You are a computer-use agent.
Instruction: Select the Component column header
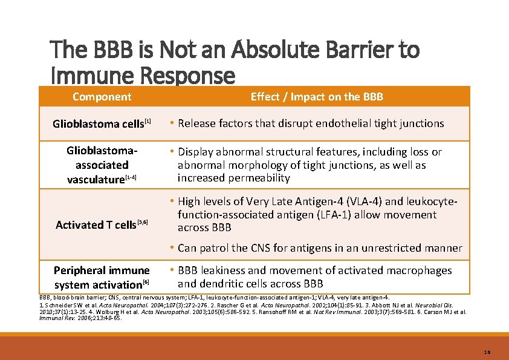(x=102, y=97)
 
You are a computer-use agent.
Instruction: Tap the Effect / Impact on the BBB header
(x=317, y=97)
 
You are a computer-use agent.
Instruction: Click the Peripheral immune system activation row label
(x=102, y=277)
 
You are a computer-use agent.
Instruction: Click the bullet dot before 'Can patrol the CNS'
(x=172, y=248)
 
